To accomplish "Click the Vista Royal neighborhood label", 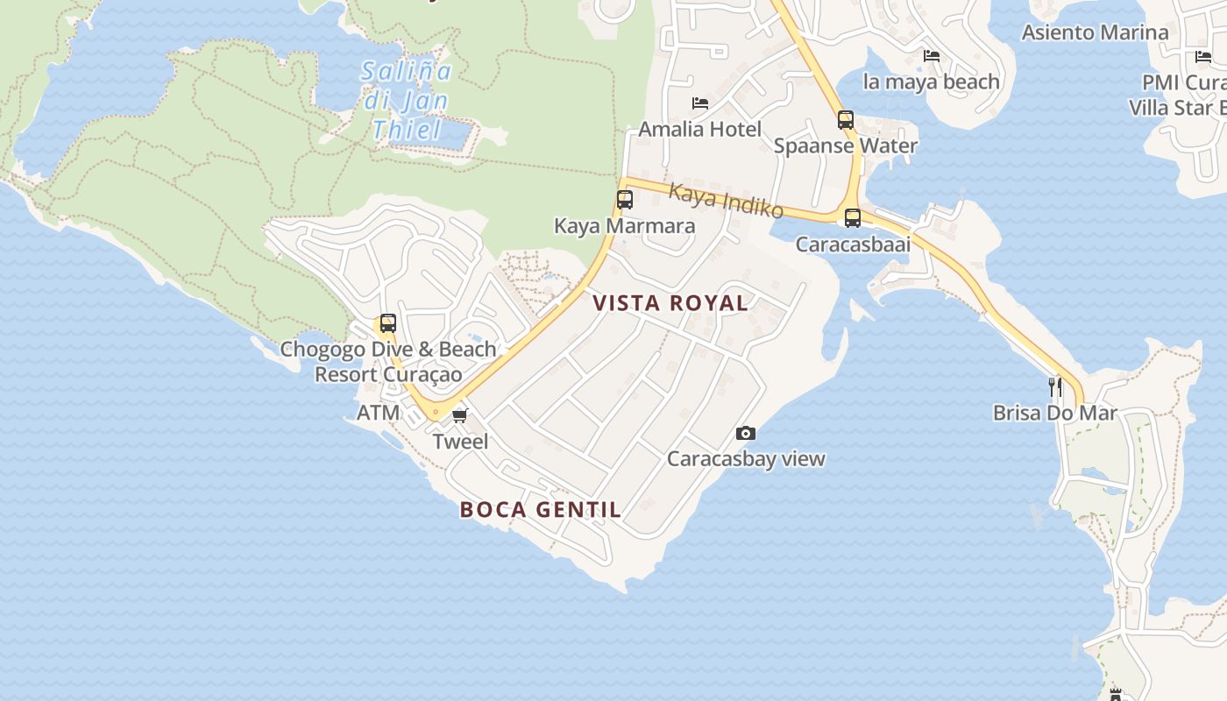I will pyautogui.click(x=670, y=303).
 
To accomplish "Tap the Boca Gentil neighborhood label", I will pyautogui.click(x=541, y=509).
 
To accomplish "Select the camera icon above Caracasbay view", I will pyautogui.click(x=746, y=433).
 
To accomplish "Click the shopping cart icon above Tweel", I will pyautogui.click(x=460, y=415).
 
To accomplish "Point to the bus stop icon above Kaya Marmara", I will pyautogui.click(x=625, y=200).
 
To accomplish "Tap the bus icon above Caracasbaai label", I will pyautogui.click(x=853, y=218).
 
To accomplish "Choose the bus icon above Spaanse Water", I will pyautogui.click(x=846, y=120).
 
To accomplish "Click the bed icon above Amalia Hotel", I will pyautogui.click(x=700, y=103).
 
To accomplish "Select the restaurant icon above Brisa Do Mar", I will pyautogui.click(x=1055, y=386).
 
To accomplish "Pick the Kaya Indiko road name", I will pyautogui.click(x=726, y=201).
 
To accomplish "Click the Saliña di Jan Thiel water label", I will pyautogui.click(x=406, y=101).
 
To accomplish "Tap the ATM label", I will pyautogui.click(x=379, y=413).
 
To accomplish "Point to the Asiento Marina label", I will pyautogui.click(x=1095, y=32).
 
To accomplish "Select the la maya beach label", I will pyautogui.click(x=931, y=81).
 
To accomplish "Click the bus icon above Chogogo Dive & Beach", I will pyautogui.click(x=387, y=323).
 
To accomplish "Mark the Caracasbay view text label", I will pyautogui.click(x=746, y=458).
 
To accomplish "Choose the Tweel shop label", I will pyautogui.click(x=461, y=442).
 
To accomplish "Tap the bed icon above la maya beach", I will pyautogui.click(x=932, y=56).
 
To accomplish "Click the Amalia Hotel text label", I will pyautogui.click(x=699, y=129).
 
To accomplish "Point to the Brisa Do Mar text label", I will pyautogui.click(x=1055, y=412).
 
